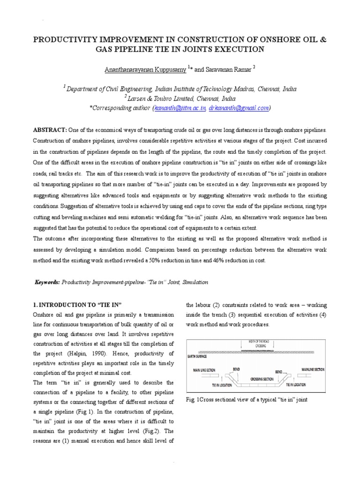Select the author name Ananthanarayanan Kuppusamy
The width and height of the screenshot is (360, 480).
(x=146, y=69)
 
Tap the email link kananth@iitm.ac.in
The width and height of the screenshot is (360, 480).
(x=180, y=108)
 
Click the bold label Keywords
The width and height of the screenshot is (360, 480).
(x=48, y=282)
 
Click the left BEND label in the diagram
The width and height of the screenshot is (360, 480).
(x=235, y=369)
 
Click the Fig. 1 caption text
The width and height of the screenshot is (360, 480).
(x=246, y=399)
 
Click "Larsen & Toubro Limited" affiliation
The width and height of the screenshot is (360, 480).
(x=163, y=98)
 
